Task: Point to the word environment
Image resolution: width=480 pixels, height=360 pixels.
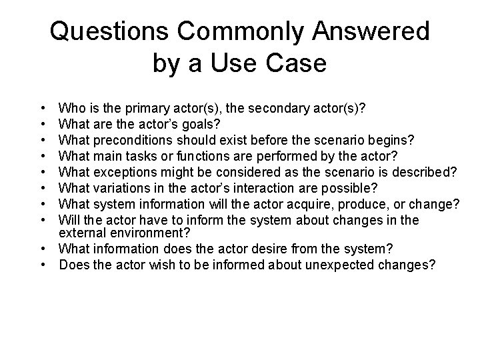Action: click(144, 233)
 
